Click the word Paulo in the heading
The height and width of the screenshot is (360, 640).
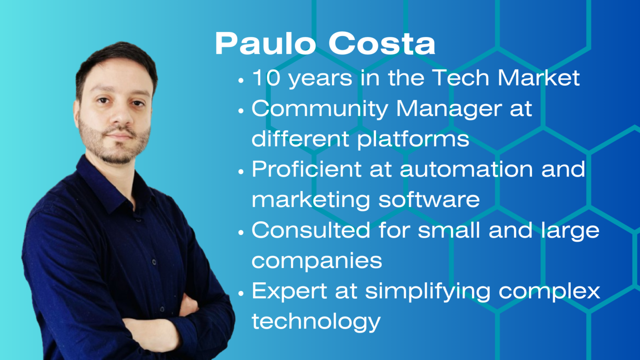pyautogui.click(x=265, y=44)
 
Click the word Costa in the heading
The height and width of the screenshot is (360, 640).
pyautogui.click(x=382, y=44)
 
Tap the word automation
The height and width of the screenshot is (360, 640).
pyautogui.click(x=466, y=169)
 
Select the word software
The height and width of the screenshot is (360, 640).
pyautogui.click(x=429, y=199)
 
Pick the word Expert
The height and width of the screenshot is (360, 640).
pyautogui.click(x=289, y=292)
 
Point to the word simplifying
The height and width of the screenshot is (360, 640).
pyautogui.click(x=428, y=292)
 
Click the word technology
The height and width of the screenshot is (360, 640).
pyautogui.click(x=316, y=322)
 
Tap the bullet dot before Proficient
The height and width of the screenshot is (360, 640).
pyautogui.click(x=241, y=172)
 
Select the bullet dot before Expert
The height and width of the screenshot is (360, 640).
pyautogui.click(x=241, y=293)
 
